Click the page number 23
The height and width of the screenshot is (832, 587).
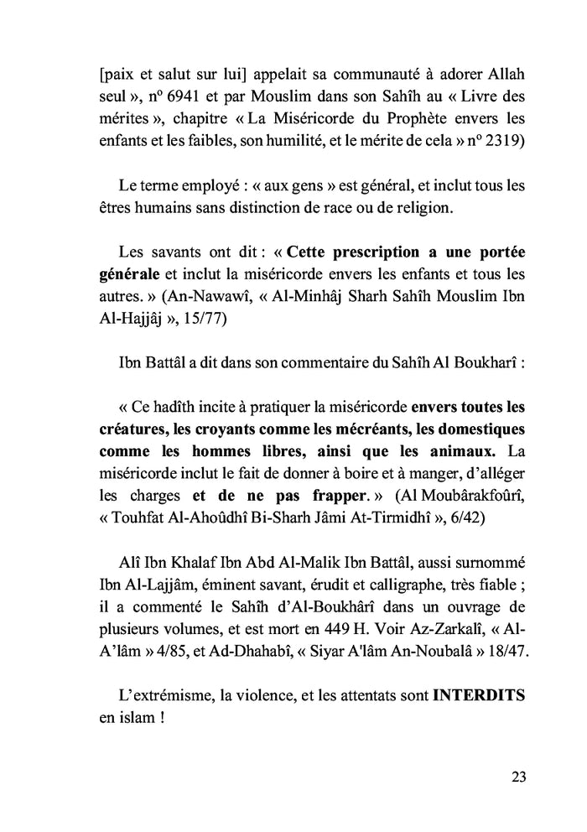pos(517,776)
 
